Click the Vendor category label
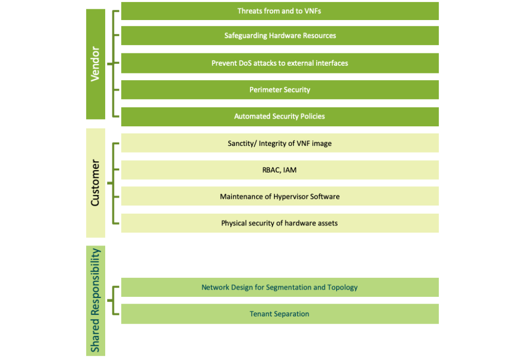(x=95, y=64)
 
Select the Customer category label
(x=95, y=183)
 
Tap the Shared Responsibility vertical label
(x=95, y=300)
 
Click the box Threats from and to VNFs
(x=280, y=11)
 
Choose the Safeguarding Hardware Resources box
(x=280, y=36)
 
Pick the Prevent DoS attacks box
(x=280, y=63)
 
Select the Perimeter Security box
(x=280, y=90)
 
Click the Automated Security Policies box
(x=280, y=117)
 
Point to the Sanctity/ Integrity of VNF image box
(x=280, y=143)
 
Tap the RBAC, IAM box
(x=280, y=169)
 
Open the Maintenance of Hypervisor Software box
(x=280, y=196)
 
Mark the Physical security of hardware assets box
(x=280, y=223)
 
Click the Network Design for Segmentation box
(x=280, y=287)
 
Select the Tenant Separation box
(x=280, y=313)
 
